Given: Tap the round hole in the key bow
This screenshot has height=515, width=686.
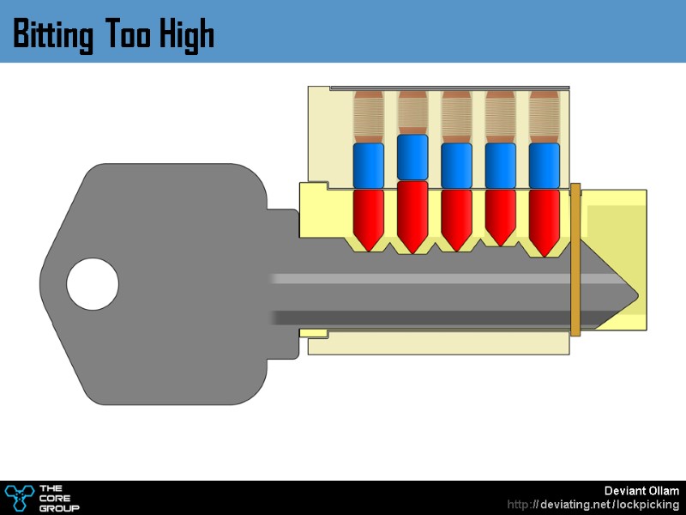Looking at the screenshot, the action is point(93,285).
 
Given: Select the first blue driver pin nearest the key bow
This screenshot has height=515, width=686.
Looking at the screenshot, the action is point(369,165).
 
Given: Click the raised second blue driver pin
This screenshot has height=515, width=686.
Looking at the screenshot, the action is point(412,157).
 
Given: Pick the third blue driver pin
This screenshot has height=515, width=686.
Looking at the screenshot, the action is point(456,165).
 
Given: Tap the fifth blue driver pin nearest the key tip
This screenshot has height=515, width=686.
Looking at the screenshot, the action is point(544,165).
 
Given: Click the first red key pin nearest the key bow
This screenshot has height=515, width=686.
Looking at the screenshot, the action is point(369,216).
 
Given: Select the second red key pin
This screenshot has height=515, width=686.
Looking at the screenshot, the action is point(412,215).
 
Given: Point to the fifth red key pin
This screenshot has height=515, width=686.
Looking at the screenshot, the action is point(544,219).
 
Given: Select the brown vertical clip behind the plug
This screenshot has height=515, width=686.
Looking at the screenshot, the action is point(575,257).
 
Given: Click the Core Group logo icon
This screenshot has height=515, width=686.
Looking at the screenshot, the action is point(18,497).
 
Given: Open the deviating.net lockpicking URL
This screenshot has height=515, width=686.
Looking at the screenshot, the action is point(593,505).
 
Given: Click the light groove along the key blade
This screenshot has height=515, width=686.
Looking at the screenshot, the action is point(429,279).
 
